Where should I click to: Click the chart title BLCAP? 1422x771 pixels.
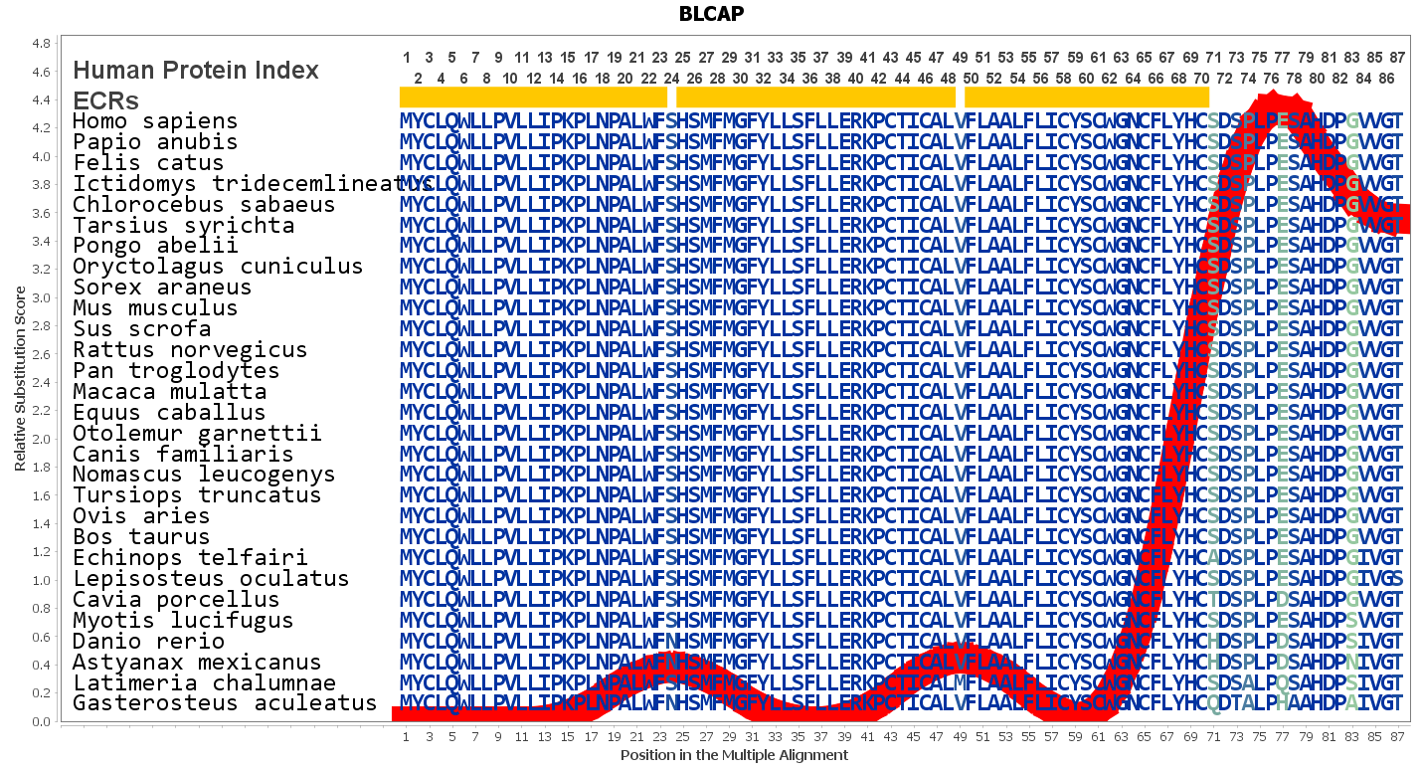711,14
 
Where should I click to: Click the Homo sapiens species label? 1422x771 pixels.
155,121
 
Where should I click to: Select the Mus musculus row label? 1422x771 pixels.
155,307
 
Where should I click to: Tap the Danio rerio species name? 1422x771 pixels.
148,642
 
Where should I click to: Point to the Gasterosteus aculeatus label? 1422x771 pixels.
224,703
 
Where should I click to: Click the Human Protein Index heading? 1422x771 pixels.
196,71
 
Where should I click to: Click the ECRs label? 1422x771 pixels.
105,101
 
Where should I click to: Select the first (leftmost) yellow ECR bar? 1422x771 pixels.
533,97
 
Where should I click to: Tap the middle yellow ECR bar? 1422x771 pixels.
815,97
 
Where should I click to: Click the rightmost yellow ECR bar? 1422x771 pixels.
1087,97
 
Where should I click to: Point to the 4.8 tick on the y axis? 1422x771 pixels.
42,44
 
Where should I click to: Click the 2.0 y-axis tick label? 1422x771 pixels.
42,439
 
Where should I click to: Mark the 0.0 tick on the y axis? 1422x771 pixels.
42,721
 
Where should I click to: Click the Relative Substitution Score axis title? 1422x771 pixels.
20,378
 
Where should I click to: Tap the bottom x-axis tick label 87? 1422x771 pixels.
1398,737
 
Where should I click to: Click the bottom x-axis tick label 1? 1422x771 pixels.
406,737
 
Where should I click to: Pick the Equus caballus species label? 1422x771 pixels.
168,413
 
